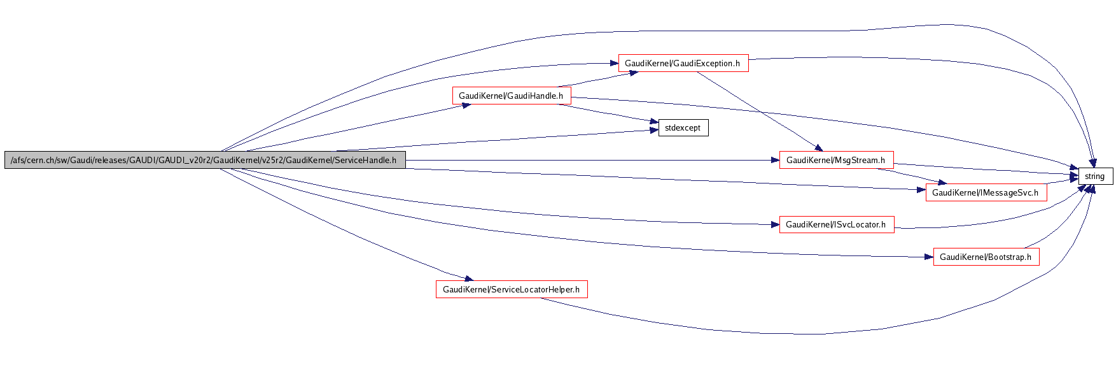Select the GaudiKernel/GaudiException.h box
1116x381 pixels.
click(683, 63)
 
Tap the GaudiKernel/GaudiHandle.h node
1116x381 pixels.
click(511, 96)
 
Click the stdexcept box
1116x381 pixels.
click(683, 128)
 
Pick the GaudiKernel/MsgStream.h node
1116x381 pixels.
click(836, 160)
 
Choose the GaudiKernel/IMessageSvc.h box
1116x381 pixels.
click(986, 192)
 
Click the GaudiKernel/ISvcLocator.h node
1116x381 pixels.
click(836, 224)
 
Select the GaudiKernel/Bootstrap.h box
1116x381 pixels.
click(986, 257)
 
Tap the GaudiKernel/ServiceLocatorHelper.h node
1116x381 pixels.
click(511, 289)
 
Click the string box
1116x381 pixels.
click(1095, 176)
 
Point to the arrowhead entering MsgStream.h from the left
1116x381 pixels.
click(774, 160)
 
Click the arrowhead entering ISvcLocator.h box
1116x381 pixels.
click(774, 224)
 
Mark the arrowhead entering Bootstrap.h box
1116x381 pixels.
click(928, 257)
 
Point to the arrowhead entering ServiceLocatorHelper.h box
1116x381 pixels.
click(468, 278)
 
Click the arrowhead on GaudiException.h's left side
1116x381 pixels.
click(613, 63)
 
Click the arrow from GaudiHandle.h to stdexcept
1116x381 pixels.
click(604, 112)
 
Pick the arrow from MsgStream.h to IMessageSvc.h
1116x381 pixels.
click(910, 175)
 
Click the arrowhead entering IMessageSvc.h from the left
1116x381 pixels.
click(921, 189)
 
